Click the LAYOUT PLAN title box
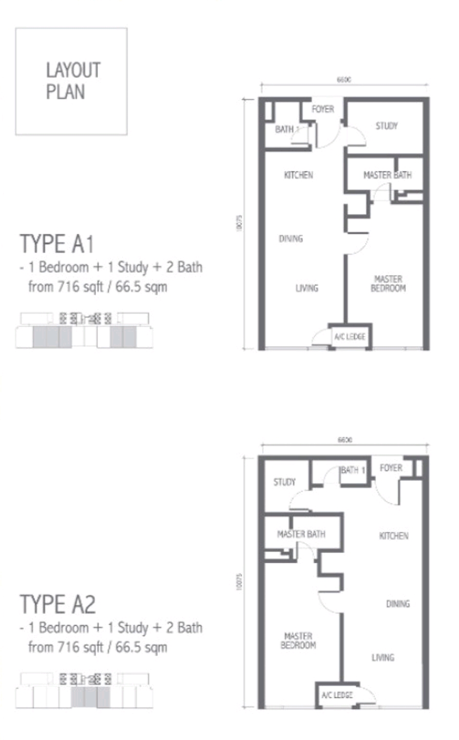pos(71,81)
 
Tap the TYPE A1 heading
pos(57,244)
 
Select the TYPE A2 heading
pos(57,604)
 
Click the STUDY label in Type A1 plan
pos(386,126)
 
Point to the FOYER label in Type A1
pos(323,109)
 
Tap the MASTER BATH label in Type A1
pos(387,175)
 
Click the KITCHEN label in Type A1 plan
pos(298,175)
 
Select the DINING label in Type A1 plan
pos(290,239)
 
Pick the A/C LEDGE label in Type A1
pos(349,336)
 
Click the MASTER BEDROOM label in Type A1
pos(388,283)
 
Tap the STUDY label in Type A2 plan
pos(285,482)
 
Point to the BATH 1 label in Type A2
pos(353,470)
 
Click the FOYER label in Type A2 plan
pos(391,468)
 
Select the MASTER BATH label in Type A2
pos(301,534)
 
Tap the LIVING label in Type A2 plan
pos(382,658)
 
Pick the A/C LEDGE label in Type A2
pos(337,695)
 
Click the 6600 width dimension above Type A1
pos(344,80)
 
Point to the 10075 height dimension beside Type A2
pos(239,581)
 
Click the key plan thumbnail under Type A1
pos(84,330)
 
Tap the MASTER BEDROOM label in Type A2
pos(298,640)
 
